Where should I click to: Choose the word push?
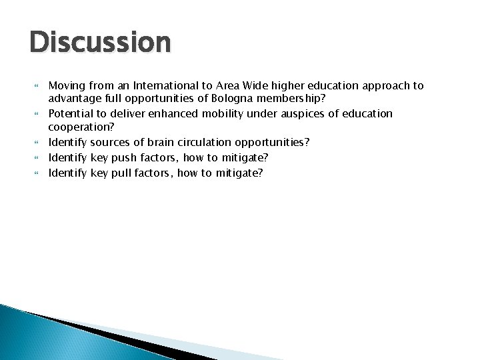coord(125,157)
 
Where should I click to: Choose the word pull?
coord(123,173)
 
